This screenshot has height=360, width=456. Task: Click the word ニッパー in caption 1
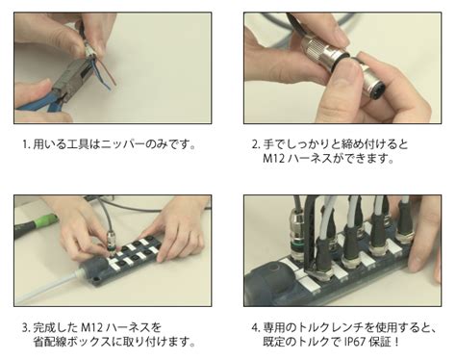pyautogui.click(x=122, y=144)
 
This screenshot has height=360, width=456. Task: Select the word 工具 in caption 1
pyautogui.click(x=78, y=144)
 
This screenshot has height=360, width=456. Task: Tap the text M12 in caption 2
pyautogui.click(x=274, y=159)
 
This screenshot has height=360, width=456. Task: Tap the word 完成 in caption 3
pyautogui.click(x=44, y=328)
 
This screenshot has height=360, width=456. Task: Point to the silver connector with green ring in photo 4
pyautogui.click(x=298, y=234)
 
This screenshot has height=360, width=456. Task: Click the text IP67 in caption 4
pyautogui.click(x=355, y=342)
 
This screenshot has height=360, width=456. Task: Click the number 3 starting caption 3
pyautogui.click(x=25, y=328)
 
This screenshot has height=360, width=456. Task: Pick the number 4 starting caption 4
pyautogui.click(x=255, y=328)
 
